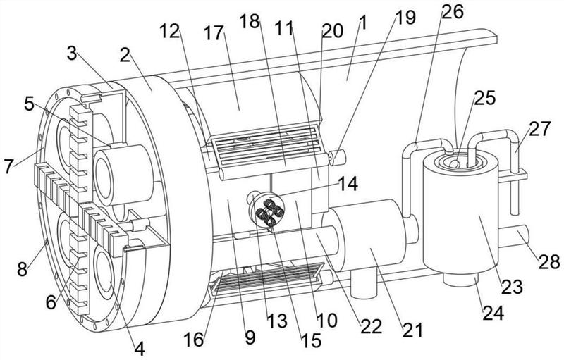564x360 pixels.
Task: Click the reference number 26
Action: coord(453,12)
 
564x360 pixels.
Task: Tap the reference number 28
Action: coord(549,262)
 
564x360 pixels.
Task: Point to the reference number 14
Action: coord(348,184)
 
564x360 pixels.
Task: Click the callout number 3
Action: coord(72,55)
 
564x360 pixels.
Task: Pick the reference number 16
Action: coord(195,339)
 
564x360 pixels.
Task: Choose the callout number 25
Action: coord(485,98)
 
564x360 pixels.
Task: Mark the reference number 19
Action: coord(405,17)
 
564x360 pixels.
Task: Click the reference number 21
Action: coord(412,330)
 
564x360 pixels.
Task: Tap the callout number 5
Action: coord(29,104)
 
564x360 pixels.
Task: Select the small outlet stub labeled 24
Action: coord(461,280)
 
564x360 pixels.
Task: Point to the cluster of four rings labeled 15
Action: coord(267,212)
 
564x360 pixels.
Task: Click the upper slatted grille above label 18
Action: coord(266,147)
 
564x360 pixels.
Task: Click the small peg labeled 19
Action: coord(337,158)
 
